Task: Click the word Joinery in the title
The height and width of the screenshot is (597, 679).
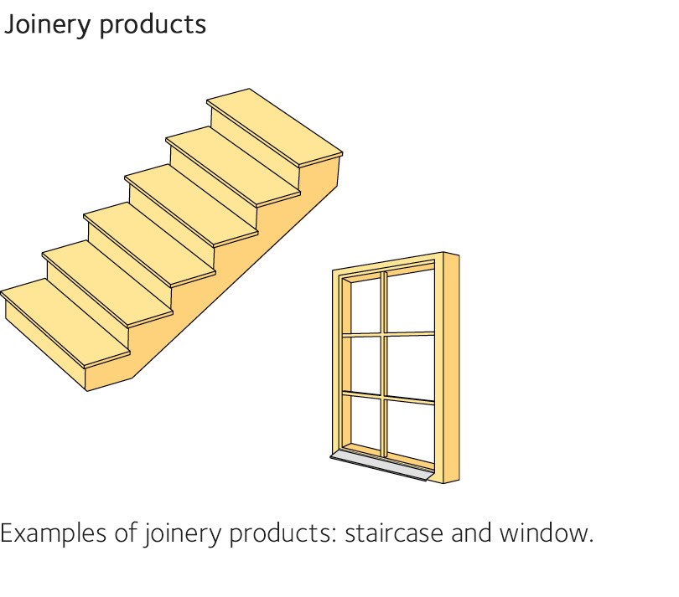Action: pyautogui.click(x=48, y=24)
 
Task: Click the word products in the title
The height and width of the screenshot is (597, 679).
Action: pyautogui.click(x=153, y=24)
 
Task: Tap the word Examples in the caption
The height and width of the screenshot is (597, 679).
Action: pyautogui.click(x=56, y=533)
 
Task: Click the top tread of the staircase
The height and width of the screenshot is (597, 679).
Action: pyautogui.click(x=274, y=125)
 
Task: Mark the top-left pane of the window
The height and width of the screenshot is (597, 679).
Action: pyautogui.click(x=365, y=305)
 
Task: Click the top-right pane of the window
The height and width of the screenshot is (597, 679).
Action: pyautogui.click(x=410, y=301)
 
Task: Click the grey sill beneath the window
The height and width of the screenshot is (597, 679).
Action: pyautogui.click(x=381, y=466)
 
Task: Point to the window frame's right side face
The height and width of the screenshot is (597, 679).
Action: pyautogui.click(x=451, y=368)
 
